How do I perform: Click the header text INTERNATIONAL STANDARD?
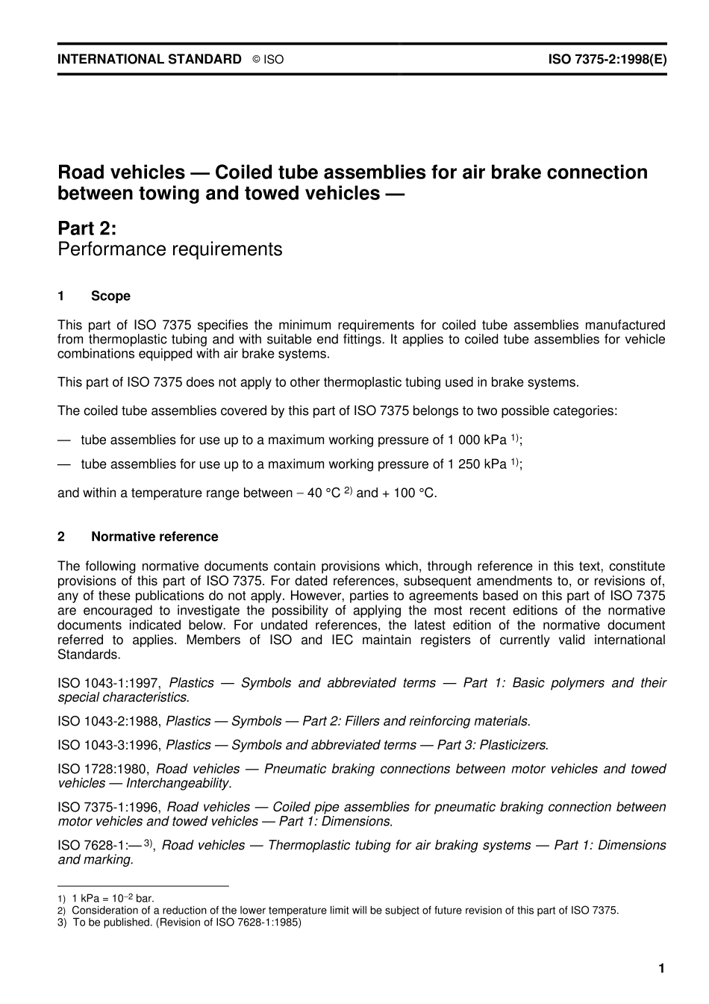(149, 59)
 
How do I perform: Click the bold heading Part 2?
(87, 228)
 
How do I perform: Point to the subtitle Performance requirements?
(170, 249)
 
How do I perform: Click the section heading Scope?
(110, 296)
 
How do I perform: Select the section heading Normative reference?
(154, 537)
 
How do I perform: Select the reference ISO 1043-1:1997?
(110, 683)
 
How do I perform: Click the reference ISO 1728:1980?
(104, 769)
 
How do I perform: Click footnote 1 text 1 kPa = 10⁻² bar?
(113, 899)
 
